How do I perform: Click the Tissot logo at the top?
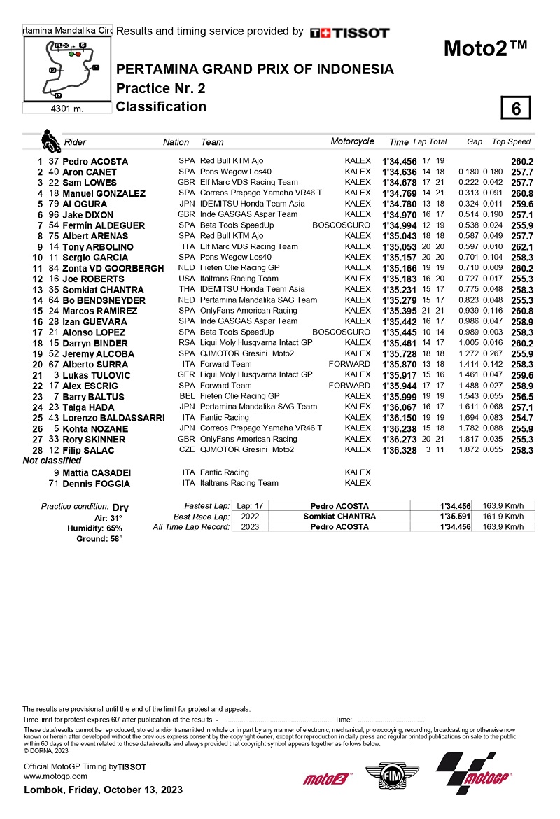349,33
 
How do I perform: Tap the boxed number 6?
516,108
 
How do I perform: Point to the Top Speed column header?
511,141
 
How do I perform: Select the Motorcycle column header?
352,141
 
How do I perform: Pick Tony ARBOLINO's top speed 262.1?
522,246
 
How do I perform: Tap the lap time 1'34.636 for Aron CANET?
399,171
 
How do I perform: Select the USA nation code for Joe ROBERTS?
186,279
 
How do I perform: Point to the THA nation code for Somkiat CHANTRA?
186,289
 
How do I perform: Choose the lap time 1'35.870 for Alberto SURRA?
399,365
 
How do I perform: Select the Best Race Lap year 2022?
250,517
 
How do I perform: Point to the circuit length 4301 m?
67,108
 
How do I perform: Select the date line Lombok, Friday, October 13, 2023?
104,790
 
